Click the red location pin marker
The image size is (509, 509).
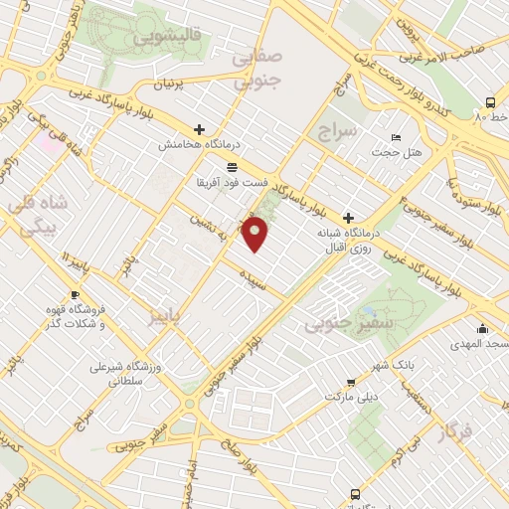pos(256,235)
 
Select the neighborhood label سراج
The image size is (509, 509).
pos(337,129)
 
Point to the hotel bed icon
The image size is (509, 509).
pos(397,137)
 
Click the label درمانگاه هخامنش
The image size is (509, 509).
pos(200,145)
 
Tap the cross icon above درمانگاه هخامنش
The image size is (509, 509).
pos(200,130)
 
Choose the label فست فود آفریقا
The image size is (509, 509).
pos(233,184)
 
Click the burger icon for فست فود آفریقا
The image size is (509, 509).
pos(232,166)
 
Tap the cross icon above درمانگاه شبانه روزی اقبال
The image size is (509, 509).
pos(348,218)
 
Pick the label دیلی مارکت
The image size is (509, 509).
pos(351,396)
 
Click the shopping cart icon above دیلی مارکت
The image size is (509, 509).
pos(351,382)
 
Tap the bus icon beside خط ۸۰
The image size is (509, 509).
pos(491,102)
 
